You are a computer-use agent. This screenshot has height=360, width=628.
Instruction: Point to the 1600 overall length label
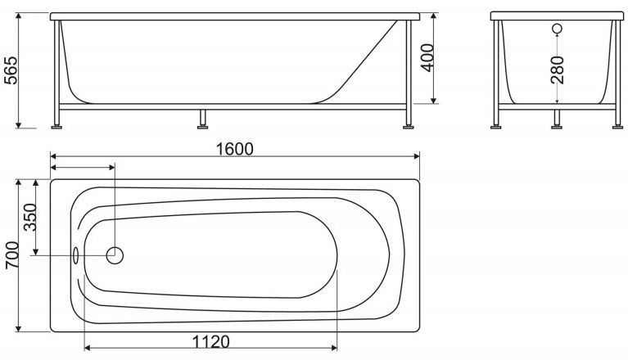[x=235, y=148]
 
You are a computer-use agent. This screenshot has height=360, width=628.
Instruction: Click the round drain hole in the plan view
[x=115, y=255]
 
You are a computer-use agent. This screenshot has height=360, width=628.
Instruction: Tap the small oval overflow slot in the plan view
[x=76, y=255]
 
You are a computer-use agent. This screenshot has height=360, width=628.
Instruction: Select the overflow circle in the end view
[x=557, y=30]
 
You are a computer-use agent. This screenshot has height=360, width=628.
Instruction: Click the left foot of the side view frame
[x=58, y=125]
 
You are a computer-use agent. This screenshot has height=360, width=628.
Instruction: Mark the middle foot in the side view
[x=201, y=125]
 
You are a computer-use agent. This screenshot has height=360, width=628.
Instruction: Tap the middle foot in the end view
[x=557, y=125]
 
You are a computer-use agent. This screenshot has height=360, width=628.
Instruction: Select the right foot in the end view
[x=616, y=125]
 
